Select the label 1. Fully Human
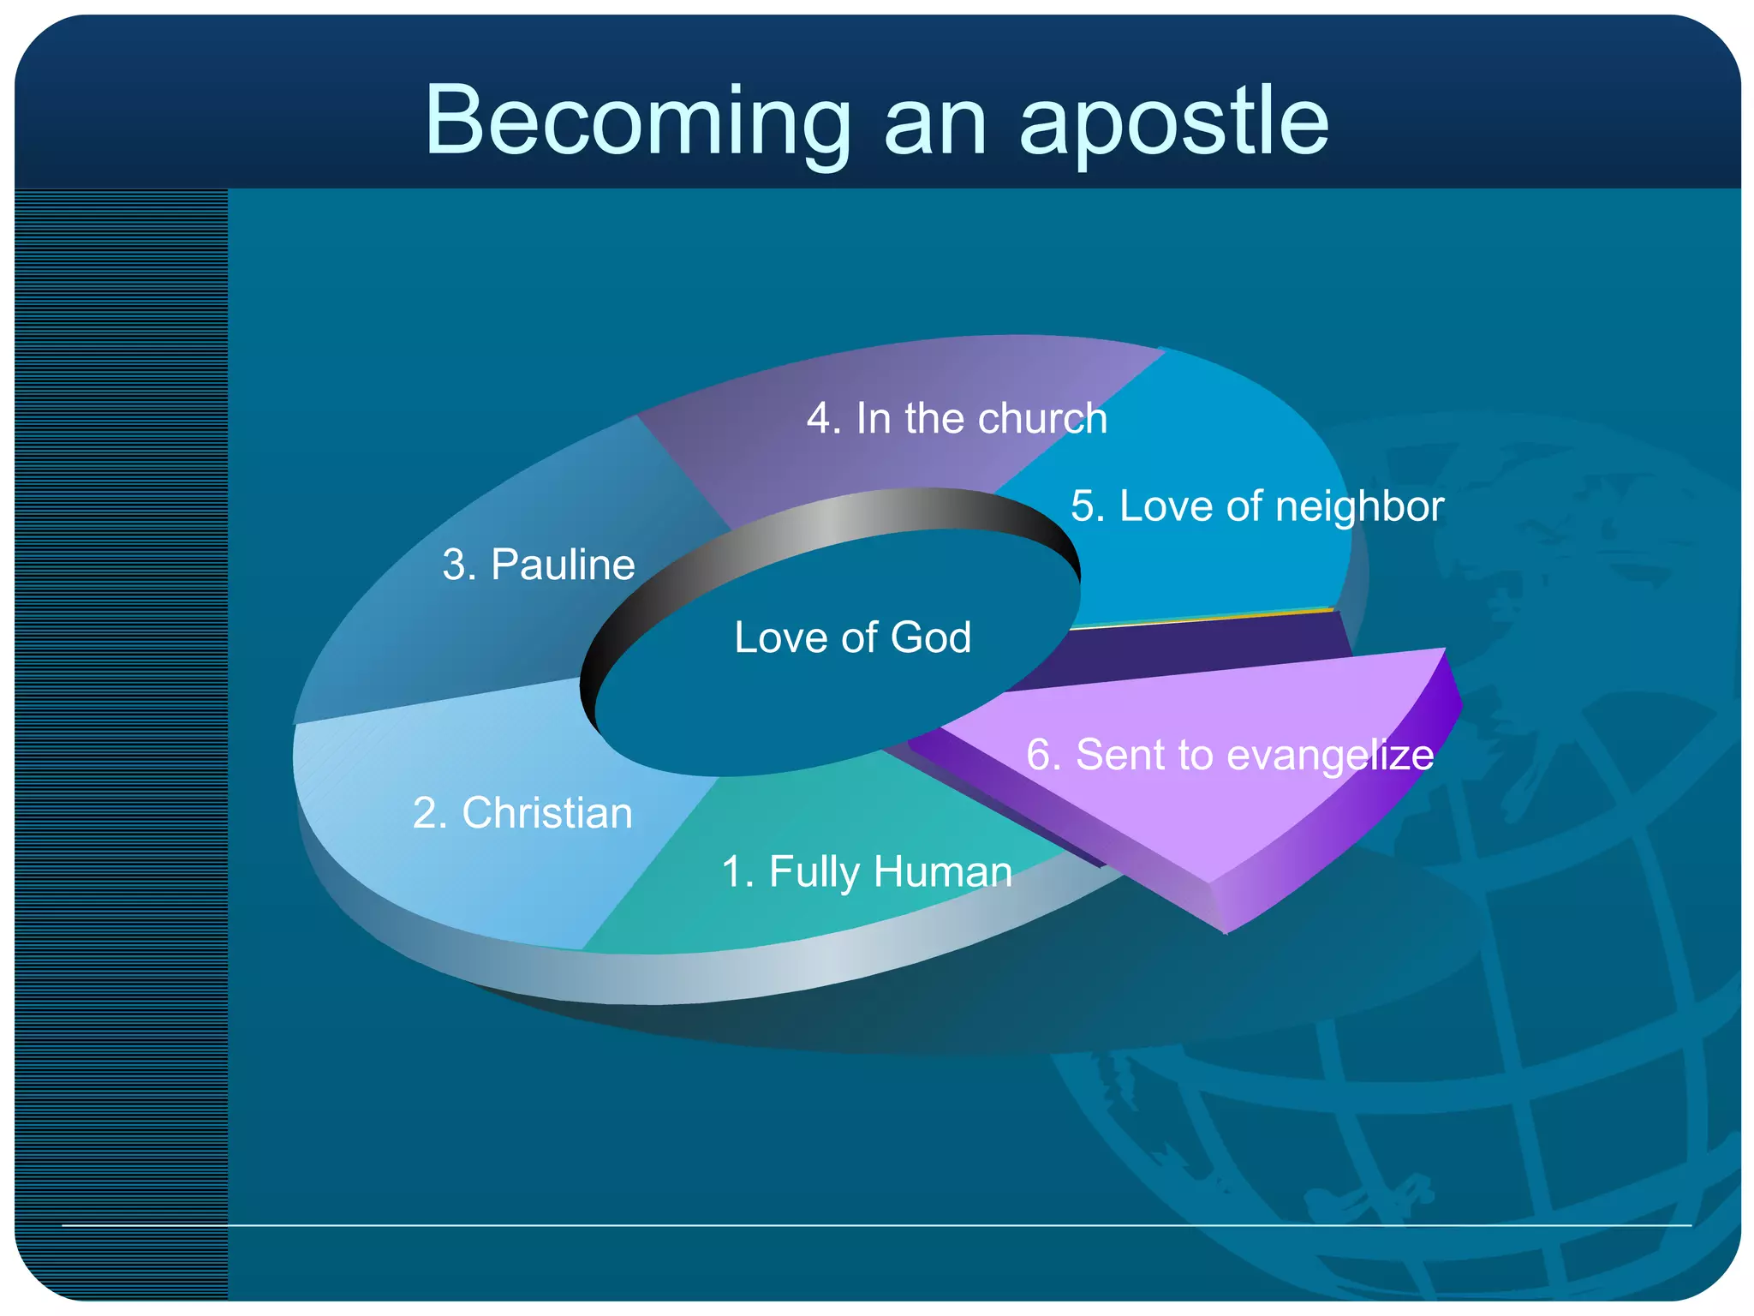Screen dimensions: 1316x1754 (x=867, y=872)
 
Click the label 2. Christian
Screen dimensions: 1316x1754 (x=522, y=813)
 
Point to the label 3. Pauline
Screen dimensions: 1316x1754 (x=539, y=565)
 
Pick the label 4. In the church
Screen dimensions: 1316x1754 (x=957, y=419)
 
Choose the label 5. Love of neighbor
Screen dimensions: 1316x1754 (x=1257, y=505)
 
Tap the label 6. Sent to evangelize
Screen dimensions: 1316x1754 (x=1230, y=755)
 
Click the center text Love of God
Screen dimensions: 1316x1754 (x=852, y=637)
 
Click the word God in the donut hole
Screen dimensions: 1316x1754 (x=931, y=637)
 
